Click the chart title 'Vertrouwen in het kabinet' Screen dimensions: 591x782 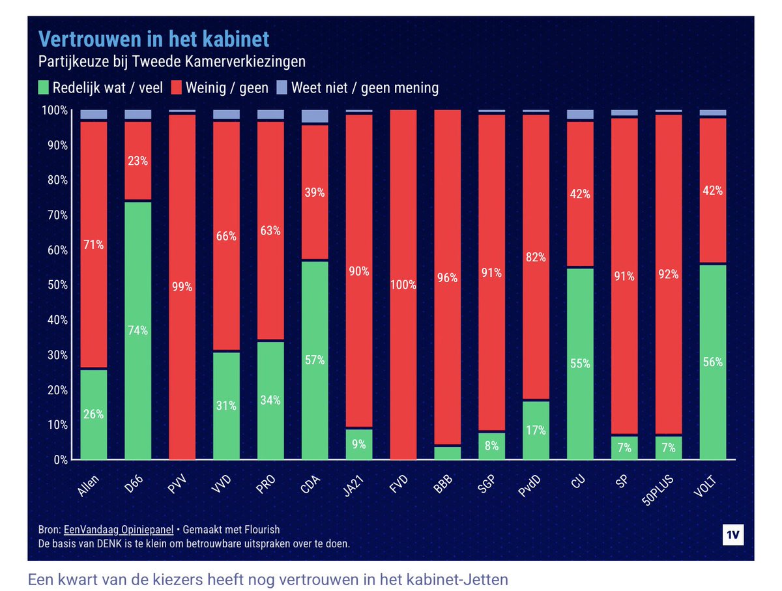tap(154, 39)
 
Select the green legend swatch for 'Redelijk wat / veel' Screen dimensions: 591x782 tap(44, 87)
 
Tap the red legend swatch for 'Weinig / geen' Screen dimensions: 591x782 tap(176, 87)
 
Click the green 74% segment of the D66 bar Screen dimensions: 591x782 tap(138, 330)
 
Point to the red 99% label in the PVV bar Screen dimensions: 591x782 tap(182, 287)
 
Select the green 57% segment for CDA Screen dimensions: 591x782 tap(315, 360)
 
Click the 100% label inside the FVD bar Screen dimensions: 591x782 tap(403, 285)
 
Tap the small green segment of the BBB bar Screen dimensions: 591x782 tap(448, 453)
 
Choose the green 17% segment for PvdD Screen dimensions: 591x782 tap(536, 430)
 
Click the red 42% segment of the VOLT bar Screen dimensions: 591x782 tap(713, 191)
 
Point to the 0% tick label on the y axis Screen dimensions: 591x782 tap(59, 460)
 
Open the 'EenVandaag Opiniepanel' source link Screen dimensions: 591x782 tap(123, 530)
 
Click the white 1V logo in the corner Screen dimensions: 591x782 tap(733, 534)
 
